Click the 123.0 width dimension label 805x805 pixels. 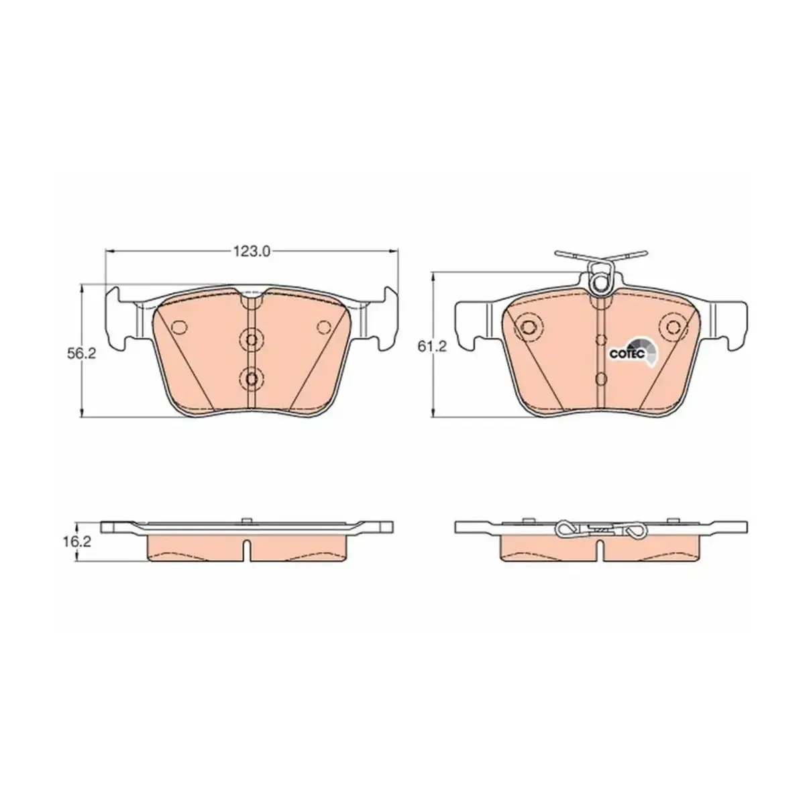[252, 251]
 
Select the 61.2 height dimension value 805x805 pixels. [433, 345]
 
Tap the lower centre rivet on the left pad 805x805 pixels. [251, 378]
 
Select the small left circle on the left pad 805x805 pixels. [180, 327]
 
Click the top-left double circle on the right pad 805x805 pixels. [529, 325]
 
